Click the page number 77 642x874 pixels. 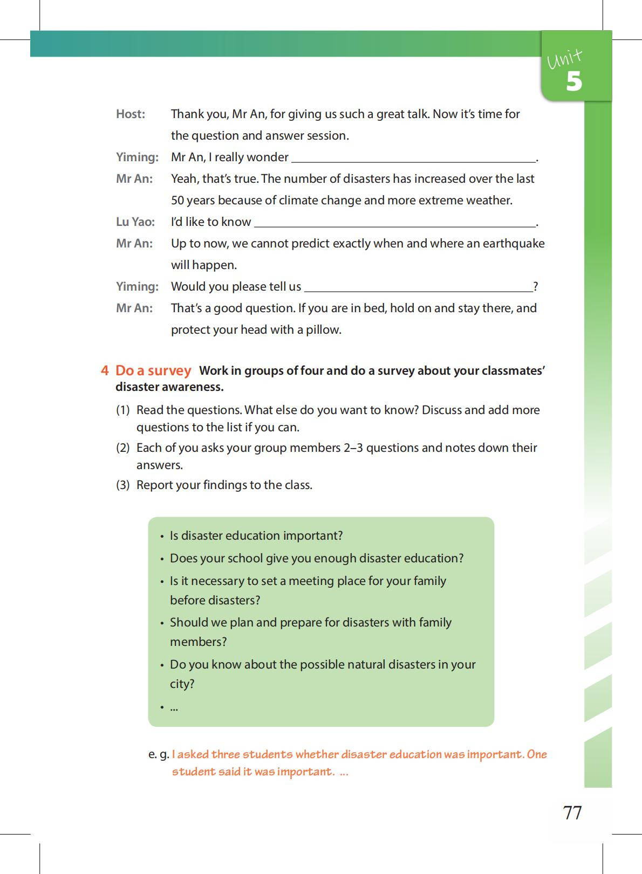point(572,813)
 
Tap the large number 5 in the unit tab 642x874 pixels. point(574,81)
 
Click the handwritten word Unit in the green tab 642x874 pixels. point(564,59)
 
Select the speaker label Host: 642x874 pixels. point(131,114)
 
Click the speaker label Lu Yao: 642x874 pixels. point(135,222)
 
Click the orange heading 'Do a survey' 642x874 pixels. point(153,371)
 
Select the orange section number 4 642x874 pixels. point(105,371)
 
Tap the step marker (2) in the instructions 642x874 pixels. point(123,448)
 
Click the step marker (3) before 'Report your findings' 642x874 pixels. point(123,485)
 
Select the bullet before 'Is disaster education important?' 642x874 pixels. point(162,537)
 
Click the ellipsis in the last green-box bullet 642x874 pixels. point(174,707)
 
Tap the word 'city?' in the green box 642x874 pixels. point(182,684)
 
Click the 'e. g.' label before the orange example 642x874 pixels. point(159,755)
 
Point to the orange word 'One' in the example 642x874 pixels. point(537,754)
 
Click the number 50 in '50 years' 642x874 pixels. point(177,201)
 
